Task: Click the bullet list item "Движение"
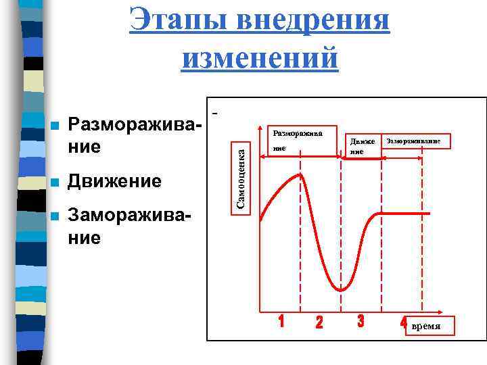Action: click(x=115, y=182)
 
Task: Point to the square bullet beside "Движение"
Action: click(x=55, y=182)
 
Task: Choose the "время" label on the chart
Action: click(x=425, y=326)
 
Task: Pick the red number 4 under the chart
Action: click(x=404, y=322)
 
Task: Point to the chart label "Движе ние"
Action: click(x=357, y=146)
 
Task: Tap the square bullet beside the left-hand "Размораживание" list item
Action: click(x=55, y=126)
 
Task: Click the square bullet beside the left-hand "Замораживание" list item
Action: click(x=55, y=217)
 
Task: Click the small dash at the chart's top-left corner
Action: click(x=216, y=109)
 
